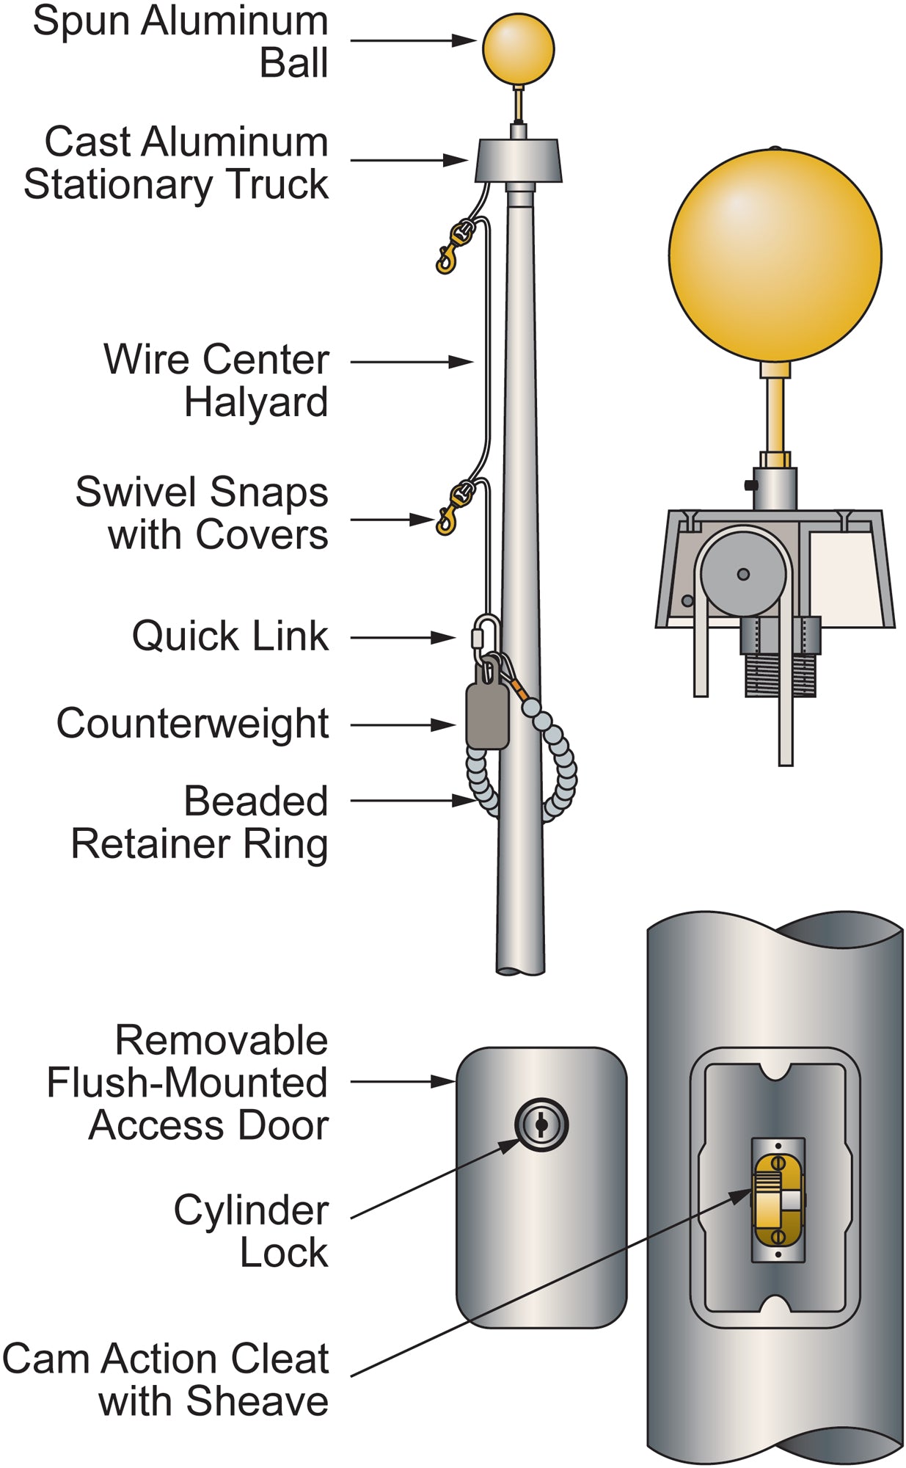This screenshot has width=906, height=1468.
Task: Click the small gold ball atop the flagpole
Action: (x=518, y=49)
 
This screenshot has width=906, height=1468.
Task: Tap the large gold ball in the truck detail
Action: (x=775, y=256)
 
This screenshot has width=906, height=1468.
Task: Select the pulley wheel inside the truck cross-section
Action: (x=742, y=574)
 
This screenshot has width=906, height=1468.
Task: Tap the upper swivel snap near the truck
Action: (x=455, y=247)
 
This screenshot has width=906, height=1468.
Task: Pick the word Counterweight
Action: (x=192, y=724)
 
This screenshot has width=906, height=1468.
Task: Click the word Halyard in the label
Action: (x=255, y=403)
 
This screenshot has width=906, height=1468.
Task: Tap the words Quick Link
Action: (x=230, y=636)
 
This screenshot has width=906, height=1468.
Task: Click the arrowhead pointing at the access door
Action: (x=445, y=1081)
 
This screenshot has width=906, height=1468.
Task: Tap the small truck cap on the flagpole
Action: (x=518, y=161)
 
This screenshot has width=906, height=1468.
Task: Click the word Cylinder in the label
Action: (x=251, y=1210)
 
